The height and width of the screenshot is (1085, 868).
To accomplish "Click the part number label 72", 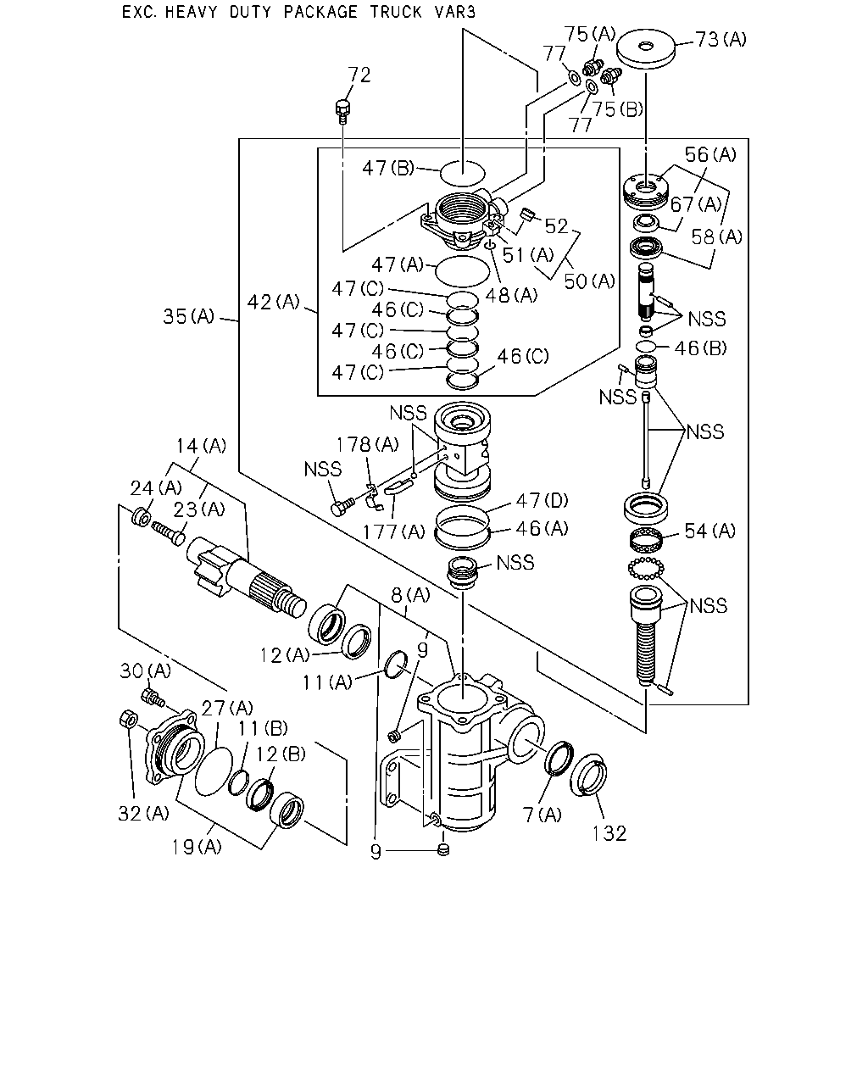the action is pyautogui.click(x=359, y=75).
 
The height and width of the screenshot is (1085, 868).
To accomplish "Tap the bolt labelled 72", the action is pyautogui.click(x=343, y=111).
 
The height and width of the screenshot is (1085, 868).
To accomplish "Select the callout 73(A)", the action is pyautogui.click(x=721, y=39).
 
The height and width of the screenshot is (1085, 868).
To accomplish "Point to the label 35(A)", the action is pyautogui.click(x=189, y=317).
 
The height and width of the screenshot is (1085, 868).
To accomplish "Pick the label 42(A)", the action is pyautogui.click(x=273, y=302).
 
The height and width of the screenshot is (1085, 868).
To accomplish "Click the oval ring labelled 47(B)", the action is pyautogui.click(x=462, y=173).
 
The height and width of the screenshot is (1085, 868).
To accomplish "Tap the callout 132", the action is pyautogui.click(x=609, y=833).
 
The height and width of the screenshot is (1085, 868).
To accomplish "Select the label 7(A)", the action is pyautogui.click(x=542, y=815).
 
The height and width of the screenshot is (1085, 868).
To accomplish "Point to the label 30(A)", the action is pyautogui.click(x=145, y=670).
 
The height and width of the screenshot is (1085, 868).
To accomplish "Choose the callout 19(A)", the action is pyautogui.click(x=197, y=847).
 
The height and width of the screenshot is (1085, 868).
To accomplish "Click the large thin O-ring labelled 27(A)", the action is pyautogui.click(x=214, y=771).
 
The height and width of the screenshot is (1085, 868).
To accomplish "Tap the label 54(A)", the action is pyautogui.click(x=710, y=531).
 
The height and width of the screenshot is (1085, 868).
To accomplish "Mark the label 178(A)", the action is pyautogui.click(x=368, y=445).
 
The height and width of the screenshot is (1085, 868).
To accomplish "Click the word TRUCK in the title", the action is pyautogui.click(x=396, y=12).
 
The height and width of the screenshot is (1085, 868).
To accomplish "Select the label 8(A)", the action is pyautogui.click(x=410, y=595).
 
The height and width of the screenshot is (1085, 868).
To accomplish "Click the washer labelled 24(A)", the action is pyautogui.click(x=141, y=518).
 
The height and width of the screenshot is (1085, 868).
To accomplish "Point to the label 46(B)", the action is pyautogui.click(x=700, y=348).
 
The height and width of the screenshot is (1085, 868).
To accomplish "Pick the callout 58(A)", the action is pyautogui.click(x=716, y=236).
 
